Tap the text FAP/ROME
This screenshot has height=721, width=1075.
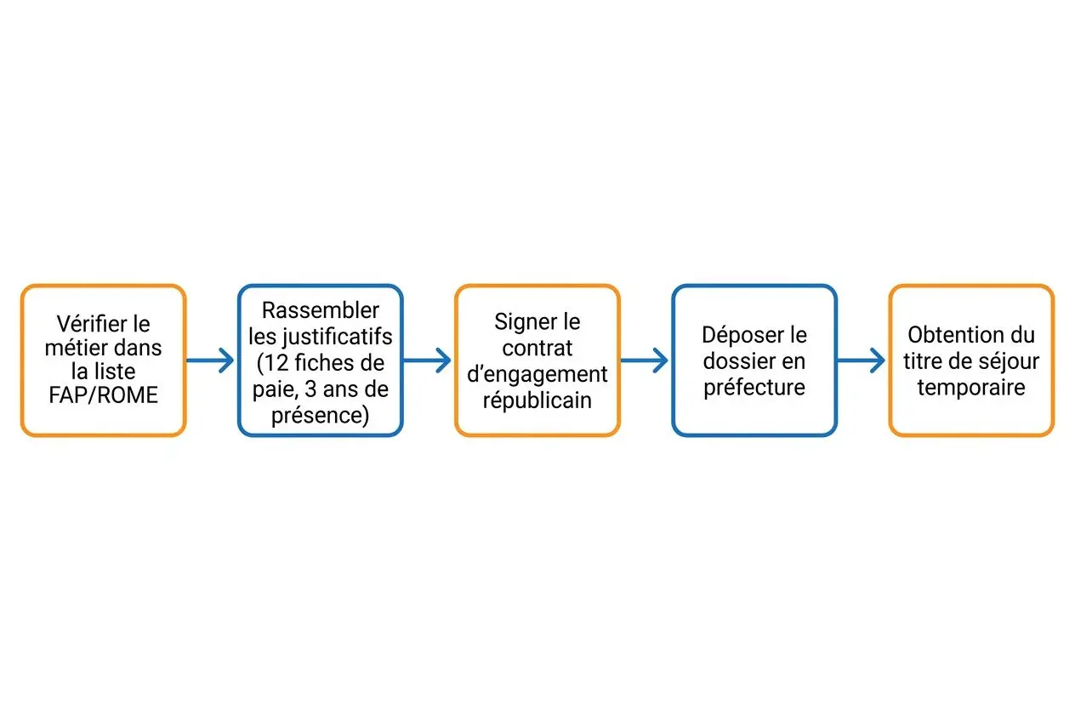(103, 395)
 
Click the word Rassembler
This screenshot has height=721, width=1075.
(320, 310)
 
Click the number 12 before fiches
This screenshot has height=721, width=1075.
(276, 363)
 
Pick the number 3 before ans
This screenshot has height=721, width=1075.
(310, 389)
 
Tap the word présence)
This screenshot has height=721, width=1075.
(320, 416)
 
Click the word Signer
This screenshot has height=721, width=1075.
(518, 322)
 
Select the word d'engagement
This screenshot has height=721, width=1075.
(537, 375)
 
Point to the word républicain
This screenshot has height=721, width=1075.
(537, 401)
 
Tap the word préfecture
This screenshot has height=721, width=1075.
(754, 388)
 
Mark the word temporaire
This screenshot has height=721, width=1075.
(971, 388)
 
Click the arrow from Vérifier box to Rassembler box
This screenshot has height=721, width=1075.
(210, 360)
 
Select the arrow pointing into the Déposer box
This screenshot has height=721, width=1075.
(644, 360)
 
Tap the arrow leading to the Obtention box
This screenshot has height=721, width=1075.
(861, 360)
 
